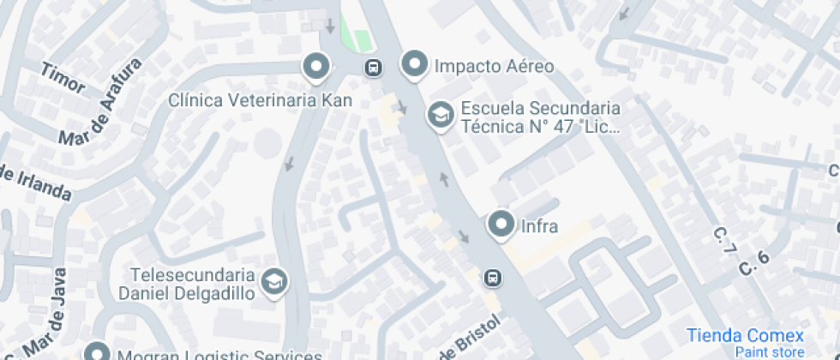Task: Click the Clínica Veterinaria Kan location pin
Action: (x=317, y=66)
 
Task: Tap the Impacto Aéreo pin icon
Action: (x=415, y=64)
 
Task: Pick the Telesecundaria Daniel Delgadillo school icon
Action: (x=274, y=281)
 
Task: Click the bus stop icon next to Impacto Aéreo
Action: (x=374, y=67)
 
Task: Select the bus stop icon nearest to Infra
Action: (x=493, y=277)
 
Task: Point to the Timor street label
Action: (x=63, y=79)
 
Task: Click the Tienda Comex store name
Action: (x=745, y=335)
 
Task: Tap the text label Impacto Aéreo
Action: (x=495, y=66)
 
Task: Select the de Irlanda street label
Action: (x=34, y=183)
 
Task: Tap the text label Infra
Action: (x=540, y=227)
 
